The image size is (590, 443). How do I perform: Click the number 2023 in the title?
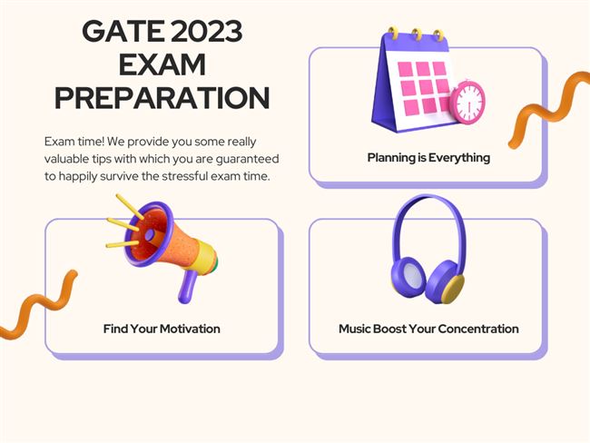(x=207, y=31)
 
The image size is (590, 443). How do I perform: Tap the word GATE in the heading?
(x=123, y=31)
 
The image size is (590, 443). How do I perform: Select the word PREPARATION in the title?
(x=162, y=98)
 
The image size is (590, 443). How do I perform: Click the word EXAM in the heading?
(x=162, y=64)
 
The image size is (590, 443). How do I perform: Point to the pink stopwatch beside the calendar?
(x=467, y=102)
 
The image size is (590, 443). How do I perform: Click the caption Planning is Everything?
(x=428, y=157)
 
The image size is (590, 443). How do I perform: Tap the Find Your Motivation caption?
(x=162, y=329)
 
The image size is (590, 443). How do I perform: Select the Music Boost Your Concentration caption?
(x=428, y=329)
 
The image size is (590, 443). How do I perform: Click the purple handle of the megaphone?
(x=187, y=287)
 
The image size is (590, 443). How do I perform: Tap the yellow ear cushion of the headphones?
(x=454, y=289)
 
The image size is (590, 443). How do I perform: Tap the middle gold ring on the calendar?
(x=417, y=34)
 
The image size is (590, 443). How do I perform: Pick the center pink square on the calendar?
(x=426, y=87)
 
